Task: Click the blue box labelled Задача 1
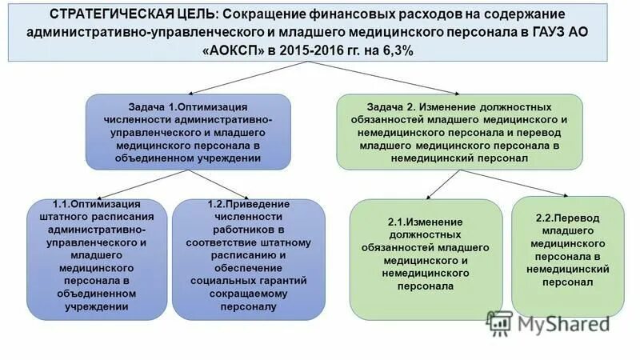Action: point(187,131)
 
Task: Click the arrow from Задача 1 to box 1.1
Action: point(136,185)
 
